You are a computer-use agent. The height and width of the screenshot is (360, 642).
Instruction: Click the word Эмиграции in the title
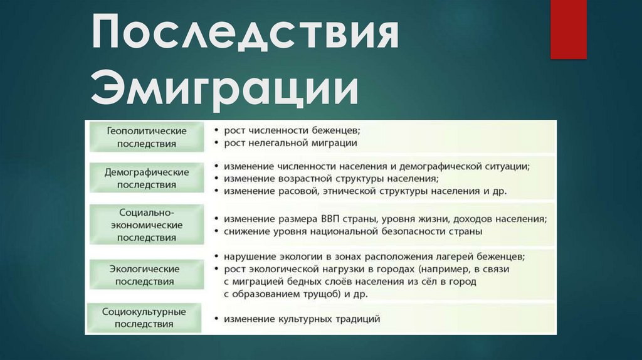point(224,88)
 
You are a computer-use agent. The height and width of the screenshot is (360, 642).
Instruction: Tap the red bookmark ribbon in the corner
point(568,29)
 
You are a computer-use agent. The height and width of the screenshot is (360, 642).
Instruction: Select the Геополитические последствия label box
point(146,137)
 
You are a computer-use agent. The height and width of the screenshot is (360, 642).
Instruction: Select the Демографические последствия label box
point(146,178)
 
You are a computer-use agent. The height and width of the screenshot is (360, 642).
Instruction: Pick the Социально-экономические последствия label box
point(146,224)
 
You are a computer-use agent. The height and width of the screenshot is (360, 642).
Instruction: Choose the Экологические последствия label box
point(146,275)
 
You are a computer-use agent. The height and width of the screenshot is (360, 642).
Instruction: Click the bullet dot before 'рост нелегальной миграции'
point(216,144)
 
